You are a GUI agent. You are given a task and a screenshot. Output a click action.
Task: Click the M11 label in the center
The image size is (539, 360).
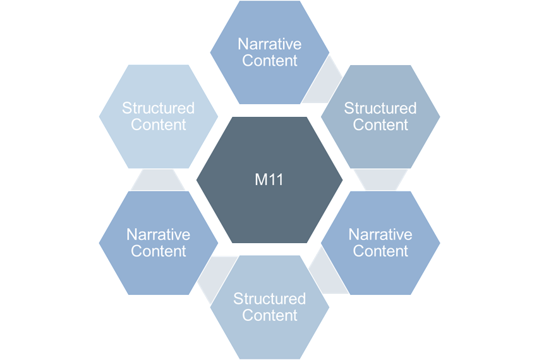click(x=269, y=180)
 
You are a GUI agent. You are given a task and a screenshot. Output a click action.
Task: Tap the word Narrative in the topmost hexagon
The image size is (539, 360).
click(x=269, y=44)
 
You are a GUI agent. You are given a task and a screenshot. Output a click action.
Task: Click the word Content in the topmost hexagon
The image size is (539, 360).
click(x=269, y=61)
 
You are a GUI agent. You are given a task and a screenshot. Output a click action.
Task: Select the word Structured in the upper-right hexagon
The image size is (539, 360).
click(x=380, y=108)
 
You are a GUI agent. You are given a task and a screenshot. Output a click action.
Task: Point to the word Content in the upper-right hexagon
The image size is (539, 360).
click(x=380, y=124)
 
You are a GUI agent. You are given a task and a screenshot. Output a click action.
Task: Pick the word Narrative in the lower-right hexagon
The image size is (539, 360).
click(x=380, y=234)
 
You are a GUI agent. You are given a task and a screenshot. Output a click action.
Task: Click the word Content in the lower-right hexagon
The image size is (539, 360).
click(x=380, y=251)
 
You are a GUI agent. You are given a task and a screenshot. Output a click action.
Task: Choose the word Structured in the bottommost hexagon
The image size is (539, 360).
click(x=269, y=298)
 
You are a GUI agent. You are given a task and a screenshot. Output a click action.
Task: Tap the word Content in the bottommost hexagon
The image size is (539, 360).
click(x=269, y=315)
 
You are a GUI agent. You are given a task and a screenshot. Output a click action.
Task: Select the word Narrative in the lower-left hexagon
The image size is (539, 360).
click(x=158, y=234)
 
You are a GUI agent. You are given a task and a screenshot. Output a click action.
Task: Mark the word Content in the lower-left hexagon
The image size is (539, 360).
click(x=158, y=251)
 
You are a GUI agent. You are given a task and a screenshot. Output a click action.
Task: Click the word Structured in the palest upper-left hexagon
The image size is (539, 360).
click(x=158, y=108)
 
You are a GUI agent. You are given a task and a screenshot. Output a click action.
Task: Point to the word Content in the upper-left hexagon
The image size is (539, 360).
click(x=158, y=124)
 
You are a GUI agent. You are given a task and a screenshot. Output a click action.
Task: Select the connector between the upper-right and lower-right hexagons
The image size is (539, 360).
click(x=380, y=179)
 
